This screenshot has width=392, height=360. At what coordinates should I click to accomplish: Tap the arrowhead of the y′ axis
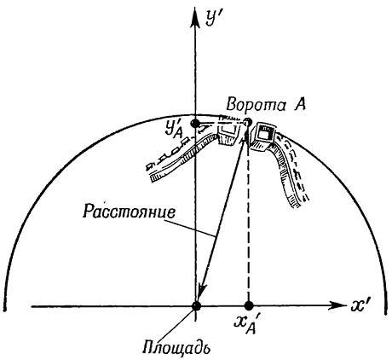pos(195,18)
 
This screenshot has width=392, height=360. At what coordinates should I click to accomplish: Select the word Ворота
pos(257,105)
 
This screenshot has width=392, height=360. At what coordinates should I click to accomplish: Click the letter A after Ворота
pos(299,104)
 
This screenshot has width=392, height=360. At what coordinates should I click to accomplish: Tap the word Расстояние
pos(129,211)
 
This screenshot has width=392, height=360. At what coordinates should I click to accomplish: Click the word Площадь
pos(176,346)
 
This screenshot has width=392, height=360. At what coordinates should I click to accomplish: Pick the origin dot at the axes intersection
pos(196,306)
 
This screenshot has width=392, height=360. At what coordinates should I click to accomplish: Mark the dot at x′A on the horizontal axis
pos(249,306)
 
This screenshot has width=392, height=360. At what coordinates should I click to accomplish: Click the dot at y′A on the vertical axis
pos(195,124)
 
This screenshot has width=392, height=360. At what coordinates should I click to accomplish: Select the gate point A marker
pos(248,122)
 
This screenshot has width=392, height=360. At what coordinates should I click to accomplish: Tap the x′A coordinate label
pos(245,326)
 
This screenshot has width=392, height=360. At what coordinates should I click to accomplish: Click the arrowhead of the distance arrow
pos(202,292)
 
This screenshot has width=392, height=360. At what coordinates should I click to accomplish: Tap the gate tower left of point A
pos(228,135)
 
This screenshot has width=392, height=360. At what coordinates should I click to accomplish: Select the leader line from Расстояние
pos(194,227)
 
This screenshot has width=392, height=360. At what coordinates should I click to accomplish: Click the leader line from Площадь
pos(180,322)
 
